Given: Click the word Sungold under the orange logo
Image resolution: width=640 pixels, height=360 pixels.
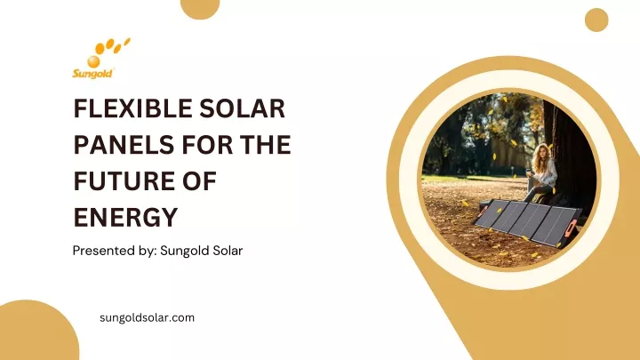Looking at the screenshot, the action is tap(92, 74).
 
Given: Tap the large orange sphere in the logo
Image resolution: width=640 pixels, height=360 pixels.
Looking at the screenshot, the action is tap(93, 61).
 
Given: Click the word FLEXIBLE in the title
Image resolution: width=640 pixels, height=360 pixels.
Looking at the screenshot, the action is tap(131, 108).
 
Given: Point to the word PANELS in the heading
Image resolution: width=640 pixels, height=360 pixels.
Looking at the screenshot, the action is tap(124, 145).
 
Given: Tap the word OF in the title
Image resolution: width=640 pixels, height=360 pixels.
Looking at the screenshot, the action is tap(199, 180).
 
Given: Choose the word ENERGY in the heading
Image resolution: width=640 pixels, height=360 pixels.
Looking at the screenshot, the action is tap(125, 217).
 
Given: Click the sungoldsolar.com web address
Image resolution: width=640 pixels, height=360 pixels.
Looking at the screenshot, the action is tap(147, 318).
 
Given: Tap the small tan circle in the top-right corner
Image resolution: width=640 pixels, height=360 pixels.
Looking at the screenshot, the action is tap(596, 20).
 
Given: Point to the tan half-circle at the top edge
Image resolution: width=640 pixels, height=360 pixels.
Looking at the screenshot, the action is tap(200, 8).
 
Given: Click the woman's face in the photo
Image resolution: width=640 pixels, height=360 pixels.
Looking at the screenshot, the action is tap(543, 151).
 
